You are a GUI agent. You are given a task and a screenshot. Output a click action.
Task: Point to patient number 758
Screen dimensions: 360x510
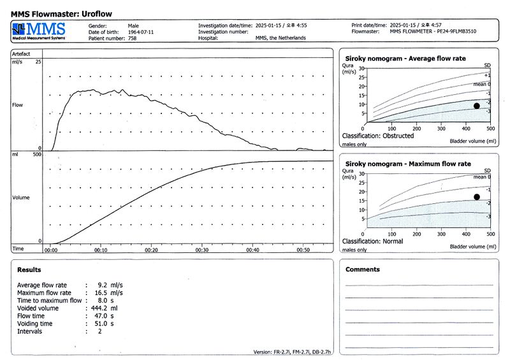[x=133, y=38]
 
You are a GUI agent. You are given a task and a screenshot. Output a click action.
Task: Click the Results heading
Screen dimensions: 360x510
[x=29, y=270]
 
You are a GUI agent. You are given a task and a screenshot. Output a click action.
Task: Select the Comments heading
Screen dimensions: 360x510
[x=362, y=270]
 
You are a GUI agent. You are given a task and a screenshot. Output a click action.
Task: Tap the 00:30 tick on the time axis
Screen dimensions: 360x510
[x=202, y=250]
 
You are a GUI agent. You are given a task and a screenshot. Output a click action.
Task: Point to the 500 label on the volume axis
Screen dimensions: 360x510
[x=37, y=155]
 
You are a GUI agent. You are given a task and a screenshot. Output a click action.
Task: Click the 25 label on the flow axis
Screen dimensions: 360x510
[x=38, y=62]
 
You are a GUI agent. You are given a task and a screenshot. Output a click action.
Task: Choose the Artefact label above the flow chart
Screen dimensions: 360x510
[x=22, y=54]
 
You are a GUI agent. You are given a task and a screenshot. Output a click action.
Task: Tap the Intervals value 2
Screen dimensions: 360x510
[x=99, y=331]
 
